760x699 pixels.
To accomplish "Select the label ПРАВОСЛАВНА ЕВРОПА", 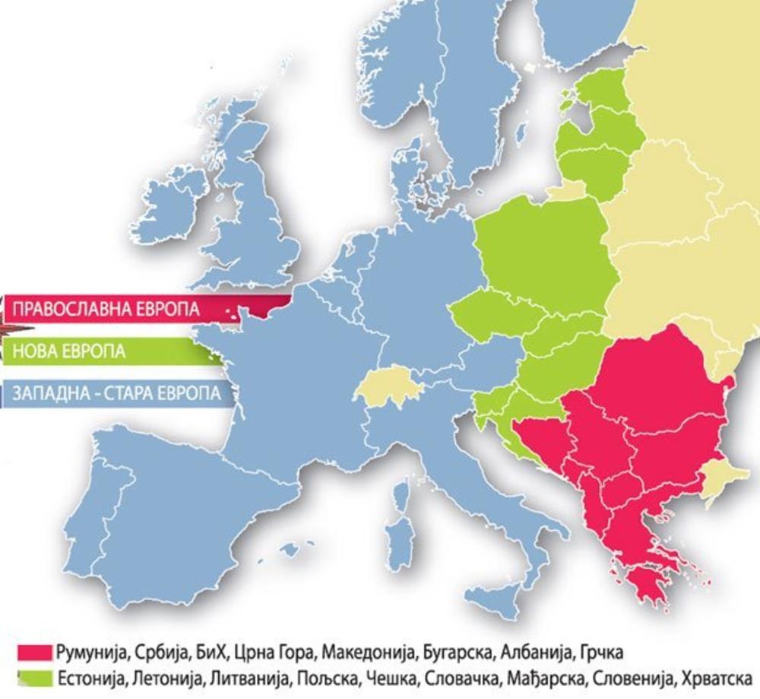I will [x=106, y=310].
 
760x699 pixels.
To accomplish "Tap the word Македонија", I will [x=366, y=653].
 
